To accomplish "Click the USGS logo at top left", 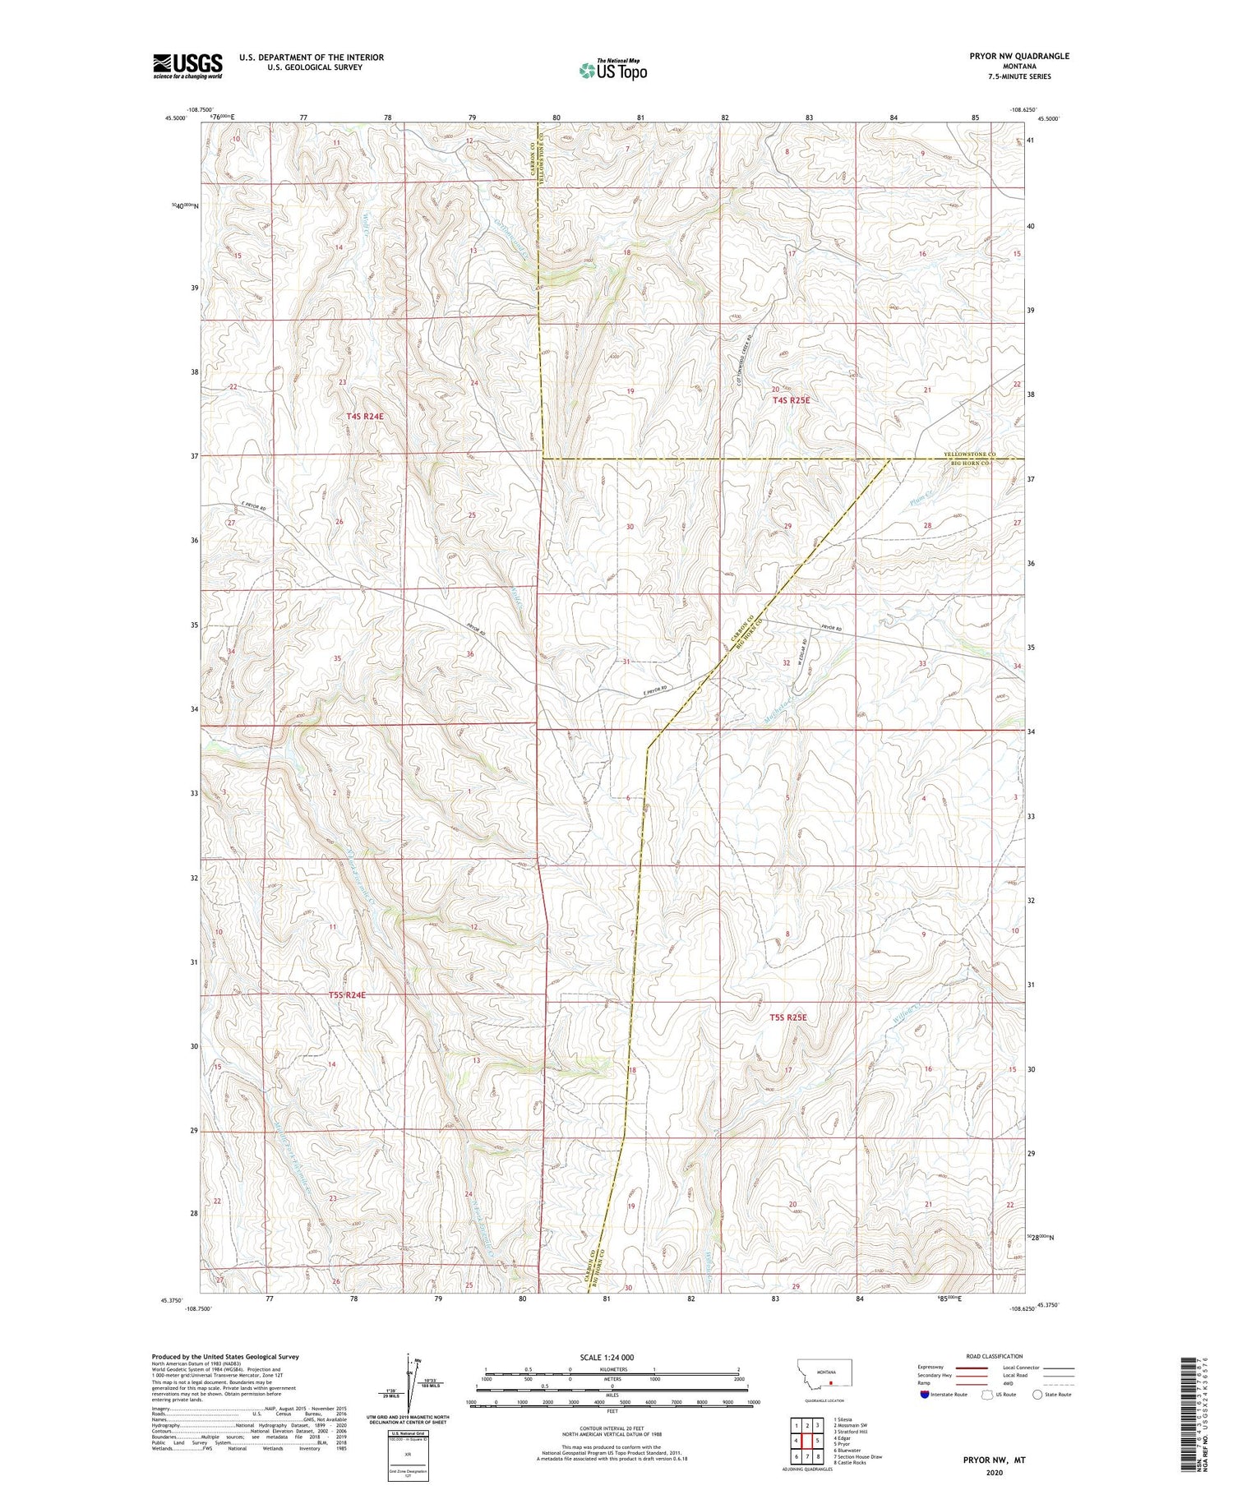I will [x=187, y=66].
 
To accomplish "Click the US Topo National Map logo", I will [x=612, y=70].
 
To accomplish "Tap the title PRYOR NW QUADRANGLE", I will [x=1019, y=56].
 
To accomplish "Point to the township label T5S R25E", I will [x=788, y=1017].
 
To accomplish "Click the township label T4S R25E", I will [x=791, y=400].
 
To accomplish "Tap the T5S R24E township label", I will [x=346, y=995].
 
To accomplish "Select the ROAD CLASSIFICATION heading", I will [x=995, y=1356].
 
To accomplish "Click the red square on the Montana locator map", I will [x=830, y=1382].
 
